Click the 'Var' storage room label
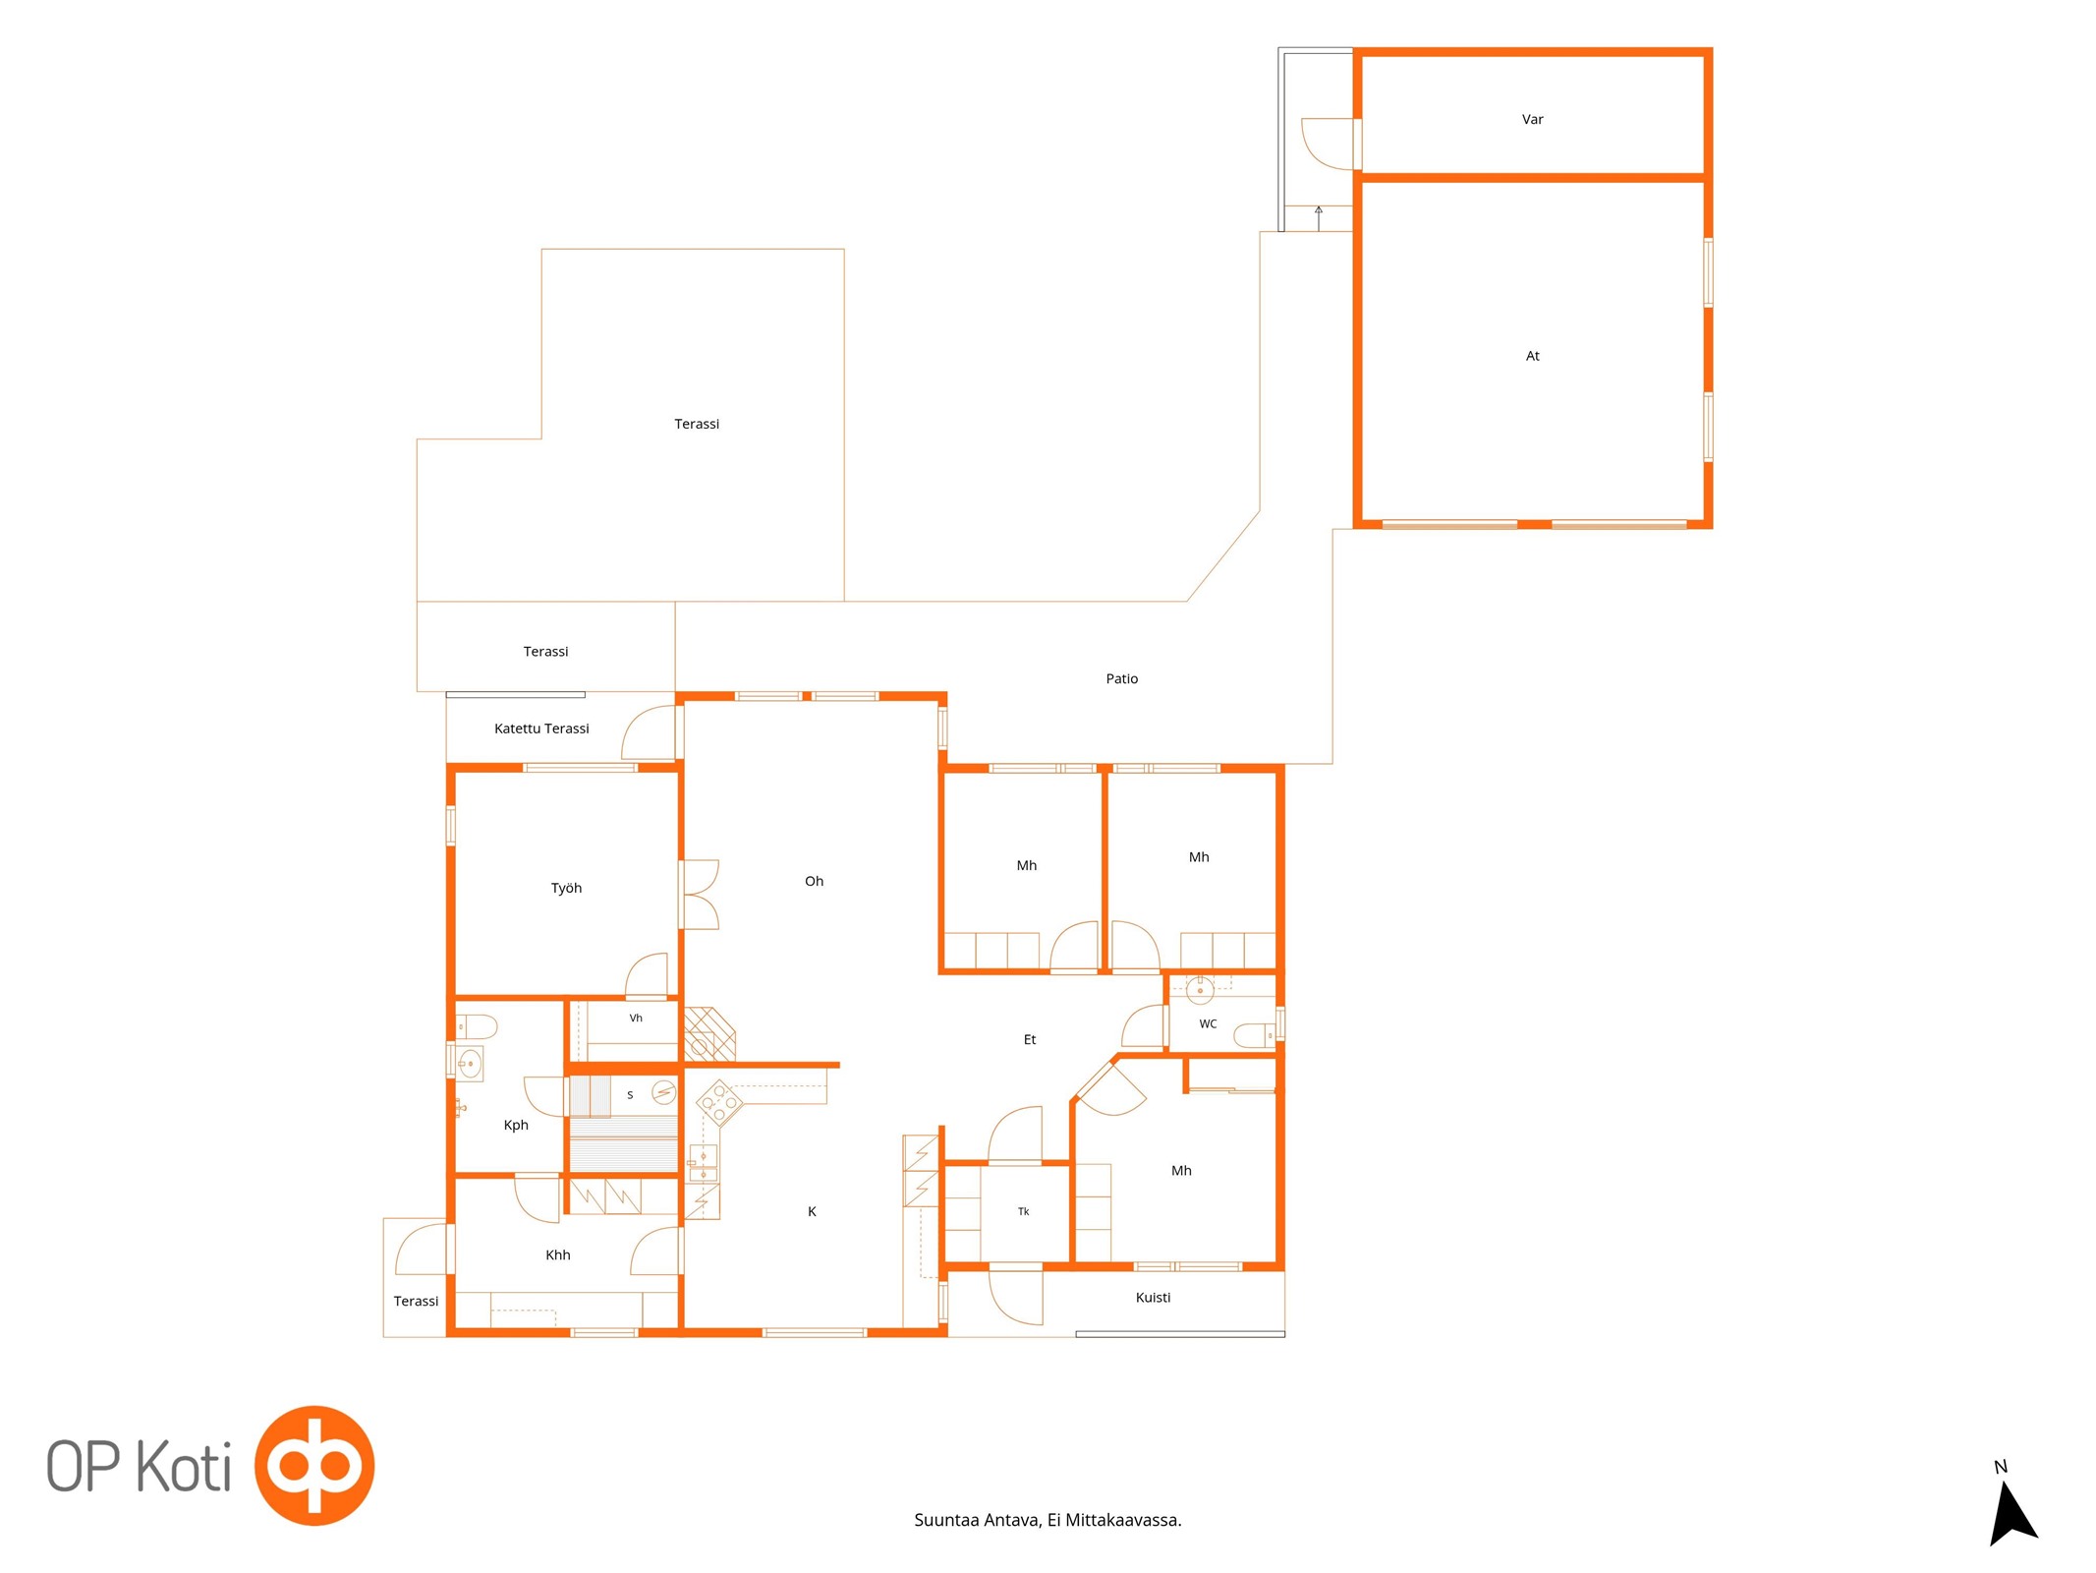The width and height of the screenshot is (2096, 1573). (x=1532, y=120)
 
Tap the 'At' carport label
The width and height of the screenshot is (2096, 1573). (x=1532, y=356)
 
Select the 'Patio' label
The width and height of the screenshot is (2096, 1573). (x=1121, y=678)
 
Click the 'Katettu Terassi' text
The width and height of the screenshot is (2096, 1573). (x=541, y=728)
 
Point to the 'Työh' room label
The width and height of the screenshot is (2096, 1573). (x=566, y=888)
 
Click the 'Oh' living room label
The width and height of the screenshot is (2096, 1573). (x=814, y=881)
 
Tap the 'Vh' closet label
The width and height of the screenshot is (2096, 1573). (x=636, y=1018)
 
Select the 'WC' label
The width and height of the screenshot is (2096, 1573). (x=1208, y=1023)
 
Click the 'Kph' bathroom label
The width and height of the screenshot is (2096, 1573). (x=516, y=1126)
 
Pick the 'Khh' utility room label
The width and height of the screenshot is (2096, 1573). (x=557, y=1254)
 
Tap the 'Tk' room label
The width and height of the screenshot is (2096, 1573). (x=1023, y=1211)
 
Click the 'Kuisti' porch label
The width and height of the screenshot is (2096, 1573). (x=1153, y=1297)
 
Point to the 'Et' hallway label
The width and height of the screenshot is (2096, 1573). (x=1029, y=1039)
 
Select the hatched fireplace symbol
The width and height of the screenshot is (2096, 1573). (x=709, y=1034)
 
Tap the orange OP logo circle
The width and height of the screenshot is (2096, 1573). (x=314, y=1465)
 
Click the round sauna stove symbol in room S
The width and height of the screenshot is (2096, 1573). (x=664, y=1092)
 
